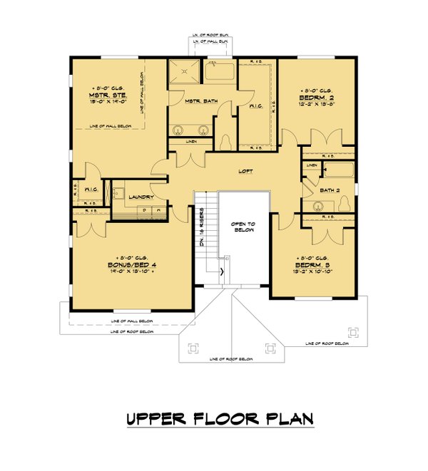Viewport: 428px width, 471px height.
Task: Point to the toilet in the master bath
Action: (x=226, y=141)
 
